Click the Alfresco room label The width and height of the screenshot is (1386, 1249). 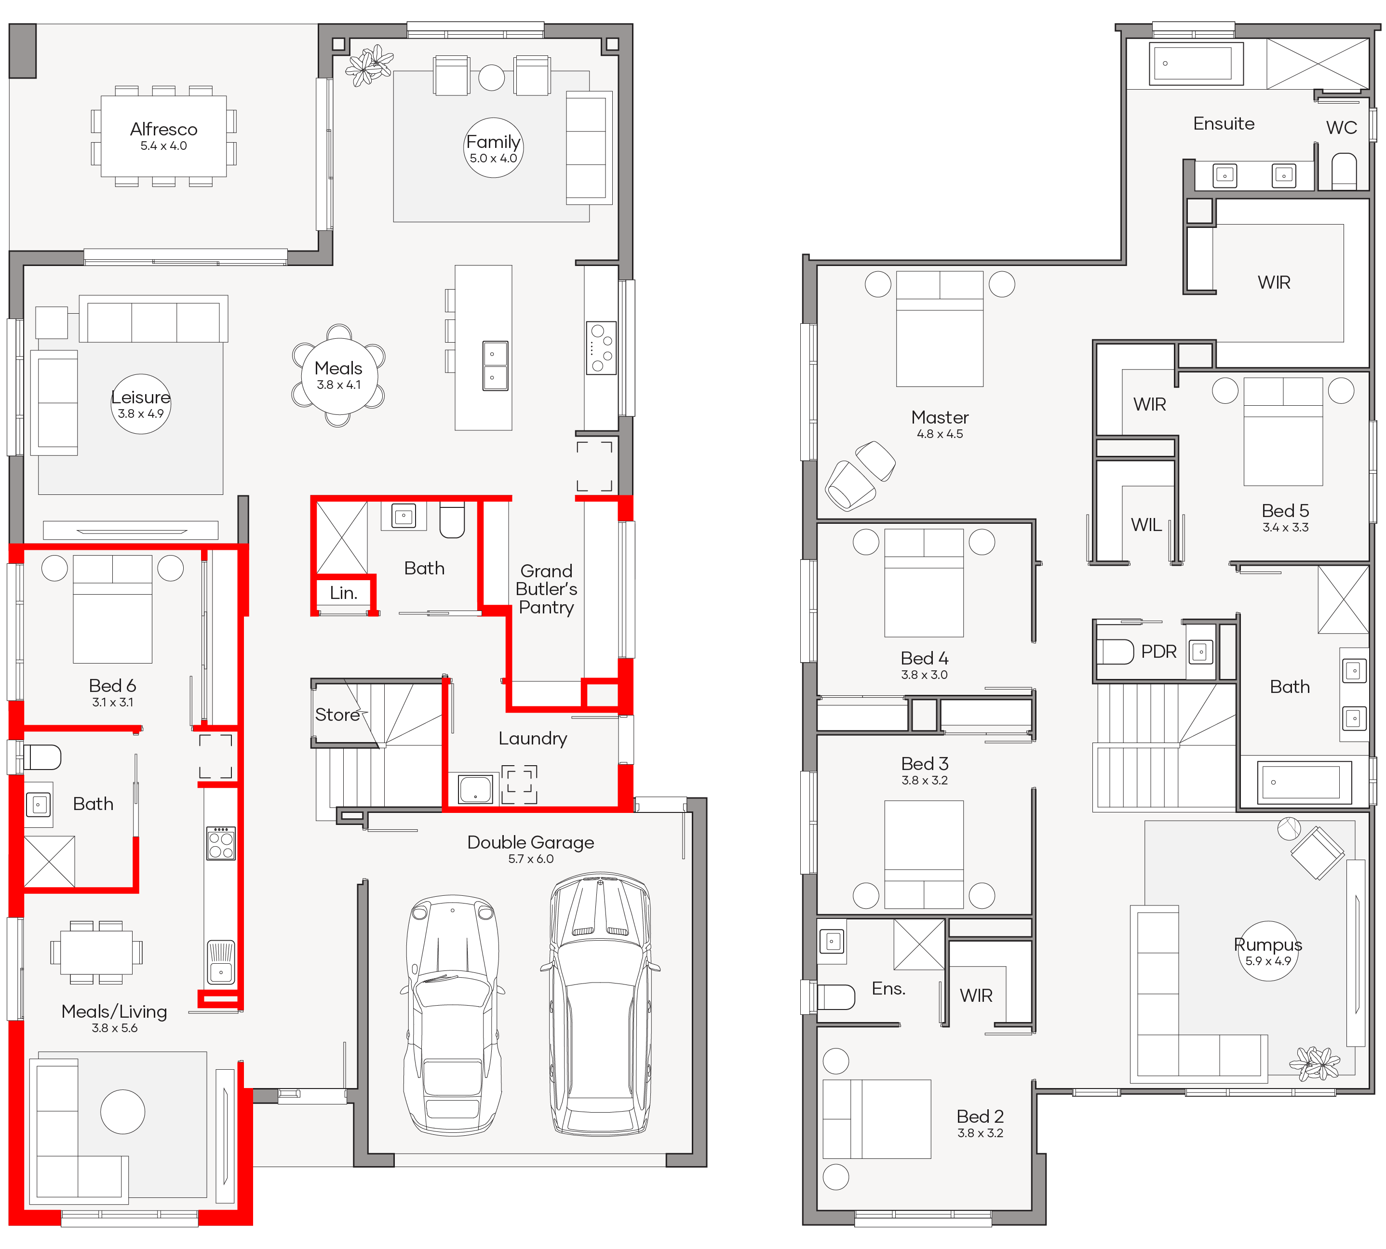coord(163,129)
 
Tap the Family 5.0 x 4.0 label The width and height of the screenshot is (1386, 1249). coord(493,148)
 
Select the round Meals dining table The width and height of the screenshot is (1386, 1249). coord(338,375)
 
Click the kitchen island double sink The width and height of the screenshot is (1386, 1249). coord(495,365)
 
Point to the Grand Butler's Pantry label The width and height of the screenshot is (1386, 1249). coord(546,589)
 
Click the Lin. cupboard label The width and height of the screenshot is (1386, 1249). coord(343,593)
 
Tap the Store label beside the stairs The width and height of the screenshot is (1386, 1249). coord(337,715)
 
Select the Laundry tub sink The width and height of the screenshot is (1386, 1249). coord(475,788)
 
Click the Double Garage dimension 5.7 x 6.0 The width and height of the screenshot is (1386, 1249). coord(531,859)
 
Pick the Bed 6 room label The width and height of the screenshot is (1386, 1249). coord(113,685)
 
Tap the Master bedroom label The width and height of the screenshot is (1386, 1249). coord(939,417)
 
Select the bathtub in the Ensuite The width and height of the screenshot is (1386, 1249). coord(1196,63)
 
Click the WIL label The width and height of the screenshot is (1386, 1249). coord(1146,525)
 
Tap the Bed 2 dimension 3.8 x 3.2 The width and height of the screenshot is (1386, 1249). coord(980,1133)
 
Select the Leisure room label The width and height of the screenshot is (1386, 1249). coord(141,397)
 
